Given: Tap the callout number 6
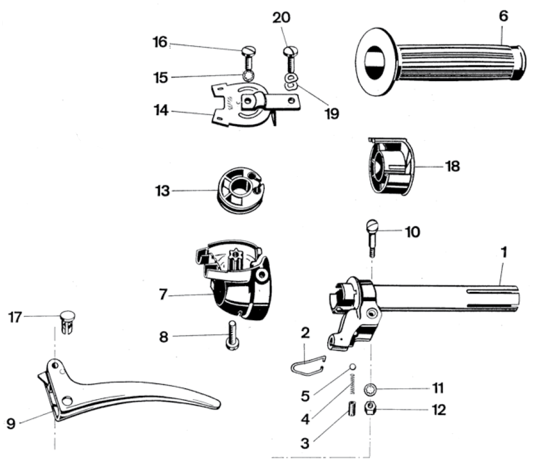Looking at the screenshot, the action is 504,16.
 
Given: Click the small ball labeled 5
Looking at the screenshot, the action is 353,367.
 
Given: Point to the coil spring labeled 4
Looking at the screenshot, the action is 353,383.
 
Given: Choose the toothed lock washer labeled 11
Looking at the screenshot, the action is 370,389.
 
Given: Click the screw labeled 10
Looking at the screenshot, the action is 372,238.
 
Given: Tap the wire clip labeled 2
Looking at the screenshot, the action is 308,366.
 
